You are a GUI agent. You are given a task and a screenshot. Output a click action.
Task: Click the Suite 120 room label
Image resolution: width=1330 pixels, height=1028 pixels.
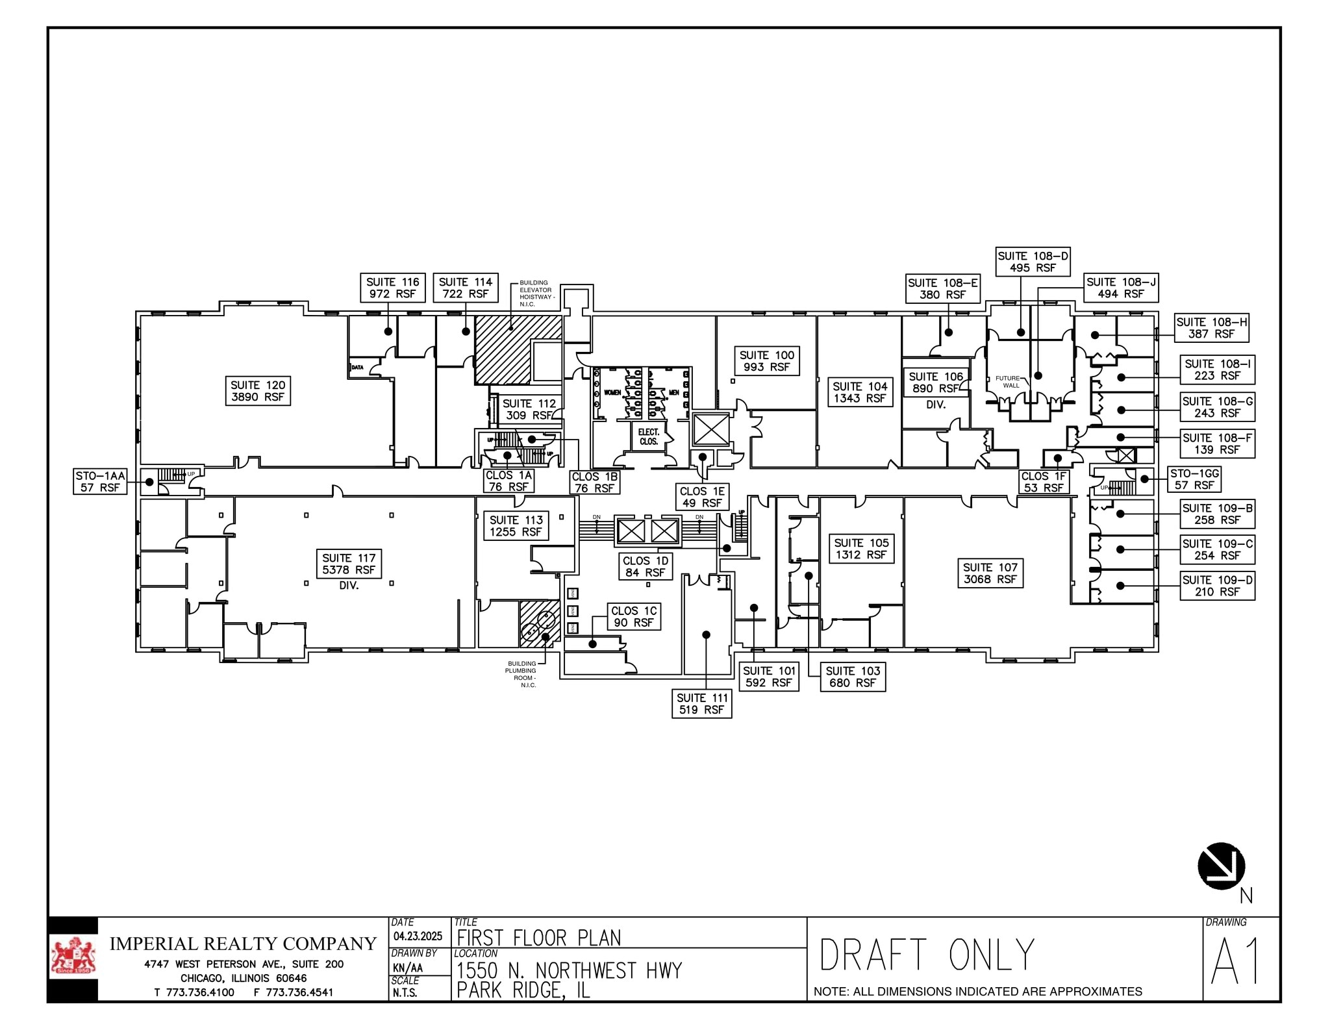(x=258, y=391)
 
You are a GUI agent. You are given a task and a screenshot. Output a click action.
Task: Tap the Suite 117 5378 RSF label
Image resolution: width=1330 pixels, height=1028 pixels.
(x=349, y=564)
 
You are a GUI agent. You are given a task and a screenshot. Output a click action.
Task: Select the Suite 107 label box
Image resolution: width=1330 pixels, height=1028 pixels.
(x=990, y=573)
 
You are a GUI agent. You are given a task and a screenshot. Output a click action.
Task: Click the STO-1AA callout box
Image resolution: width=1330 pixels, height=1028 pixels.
(x=100, y=481)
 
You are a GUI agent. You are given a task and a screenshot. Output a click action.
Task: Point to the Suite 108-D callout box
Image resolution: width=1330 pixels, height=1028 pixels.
(x=1033, y=262)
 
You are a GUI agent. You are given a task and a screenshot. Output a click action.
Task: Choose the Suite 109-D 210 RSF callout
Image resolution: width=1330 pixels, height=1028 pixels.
(x=1216, y=586)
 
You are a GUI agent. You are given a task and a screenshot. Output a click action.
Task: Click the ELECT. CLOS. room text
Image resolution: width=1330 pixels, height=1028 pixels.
(x=648, y=436)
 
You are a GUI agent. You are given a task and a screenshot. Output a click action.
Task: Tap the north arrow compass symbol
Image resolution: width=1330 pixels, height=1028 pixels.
(x=1222, y=866)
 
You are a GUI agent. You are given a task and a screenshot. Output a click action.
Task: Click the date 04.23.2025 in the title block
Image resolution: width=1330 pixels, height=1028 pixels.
(x=418, y=936)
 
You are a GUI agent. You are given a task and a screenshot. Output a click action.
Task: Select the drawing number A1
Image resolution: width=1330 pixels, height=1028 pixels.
(x=1236, y=961)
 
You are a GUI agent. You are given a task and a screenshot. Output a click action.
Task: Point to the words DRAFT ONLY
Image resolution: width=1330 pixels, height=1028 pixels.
(x=927, y=955)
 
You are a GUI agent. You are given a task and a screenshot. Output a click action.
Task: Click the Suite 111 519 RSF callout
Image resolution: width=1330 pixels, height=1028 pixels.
(x=701, y=704)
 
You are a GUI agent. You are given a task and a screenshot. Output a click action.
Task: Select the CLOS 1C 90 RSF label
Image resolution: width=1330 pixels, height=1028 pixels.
(x=634, y=616)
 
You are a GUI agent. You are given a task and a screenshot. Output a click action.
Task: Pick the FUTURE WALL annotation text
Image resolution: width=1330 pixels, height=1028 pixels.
(x=1010, y=382)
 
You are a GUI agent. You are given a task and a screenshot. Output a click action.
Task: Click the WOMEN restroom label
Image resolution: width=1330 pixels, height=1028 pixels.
(x=612, y=392)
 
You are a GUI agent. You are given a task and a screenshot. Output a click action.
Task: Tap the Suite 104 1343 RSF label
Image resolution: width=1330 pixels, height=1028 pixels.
(x=860, y=392)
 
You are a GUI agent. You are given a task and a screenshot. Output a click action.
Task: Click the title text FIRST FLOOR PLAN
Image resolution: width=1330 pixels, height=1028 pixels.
(x=539, y=938)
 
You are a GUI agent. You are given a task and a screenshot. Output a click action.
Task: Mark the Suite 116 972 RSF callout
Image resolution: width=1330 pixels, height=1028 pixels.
(x=392, y=288)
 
